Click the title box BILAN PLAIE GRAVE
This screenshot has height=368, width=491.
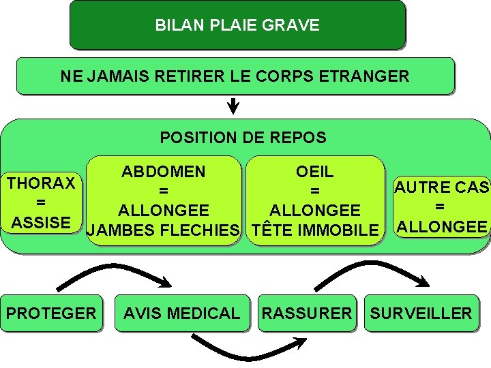(237, 25)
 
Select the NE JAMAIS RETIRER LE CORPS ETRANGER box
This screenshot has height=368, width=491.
(235, 76)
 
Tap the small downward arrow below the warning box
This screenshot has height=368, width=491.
(233, 106)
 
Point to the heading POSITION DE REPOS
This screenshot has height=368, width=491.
(243, 138)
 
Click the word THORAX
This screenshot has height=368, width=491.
(41, 183)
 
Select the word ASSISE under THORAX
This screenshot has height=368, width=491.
(41, 222)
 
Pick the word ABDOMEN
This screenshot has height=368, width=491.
(164, 172)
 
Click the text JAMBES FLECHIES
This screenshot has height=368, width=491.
(164, 230)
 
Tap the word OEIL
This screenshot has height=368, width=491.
(315, 172)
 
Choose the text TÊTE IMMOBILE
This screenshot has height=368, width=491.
(315, 230)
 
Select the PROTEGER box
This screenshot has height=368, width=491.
(51, 313)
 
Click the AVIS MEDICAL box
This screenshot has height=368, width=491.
(181, 313)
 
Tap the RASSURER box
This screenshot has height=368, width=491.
(307, 313)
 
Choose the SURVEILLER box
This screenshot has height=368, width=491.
(421, 313)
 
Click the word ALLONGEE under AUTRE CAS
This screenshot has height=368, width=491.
(442, 226)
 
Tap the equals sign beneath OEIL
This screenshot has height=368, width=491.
(315, 191)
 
